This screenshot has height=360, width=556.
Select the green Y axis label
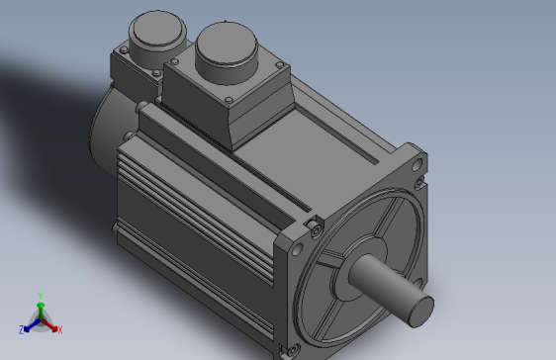(40, 295)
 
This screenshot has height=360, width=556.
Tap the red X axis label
(59, 328)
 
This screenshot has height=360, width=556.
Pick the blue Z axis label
(21, 328)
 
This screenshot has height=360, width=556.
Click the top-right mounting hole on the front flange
(422, 181)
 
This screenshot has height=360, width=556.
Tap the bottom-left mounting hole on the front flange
(292, 348)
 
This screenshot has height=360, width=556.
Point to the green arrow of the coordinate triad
(40, 309)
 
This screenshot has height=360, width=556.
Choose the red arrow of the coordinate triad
(50, 324)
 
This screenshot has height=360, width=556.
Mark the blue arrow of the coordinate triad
(30, 324)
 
